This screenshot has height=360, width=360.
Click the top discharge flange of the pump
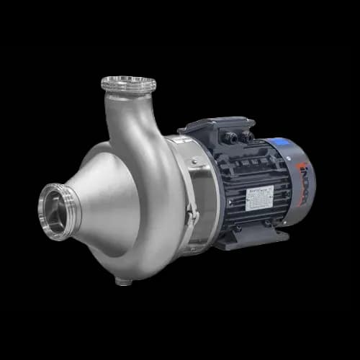129,84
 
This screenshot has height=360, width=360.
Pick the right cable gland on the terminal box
247,135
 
